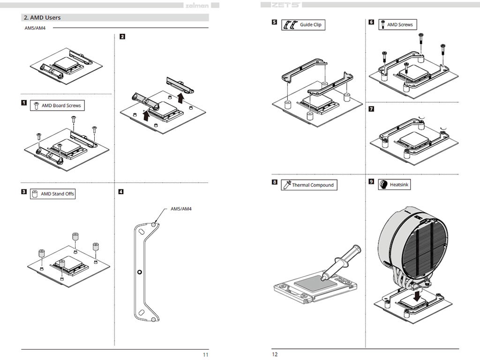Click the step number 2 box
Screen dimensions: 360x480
[x=122, y=37]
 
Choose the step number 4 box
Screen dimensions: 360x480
[x=121, y=191]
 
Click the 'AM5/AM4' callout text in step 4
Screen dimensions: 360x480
[x=181, y=209]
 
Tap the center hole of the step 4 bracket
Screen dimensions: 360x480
[x=139, y=272]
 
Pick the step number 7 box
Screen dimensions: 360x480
[x=371, y=109]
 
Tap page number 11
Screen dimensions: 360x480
[x=205, y=354]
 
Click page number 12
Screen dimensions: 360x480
[x=275, y=354]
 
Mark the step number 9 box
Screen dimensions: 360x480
[x=371, y=182]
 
